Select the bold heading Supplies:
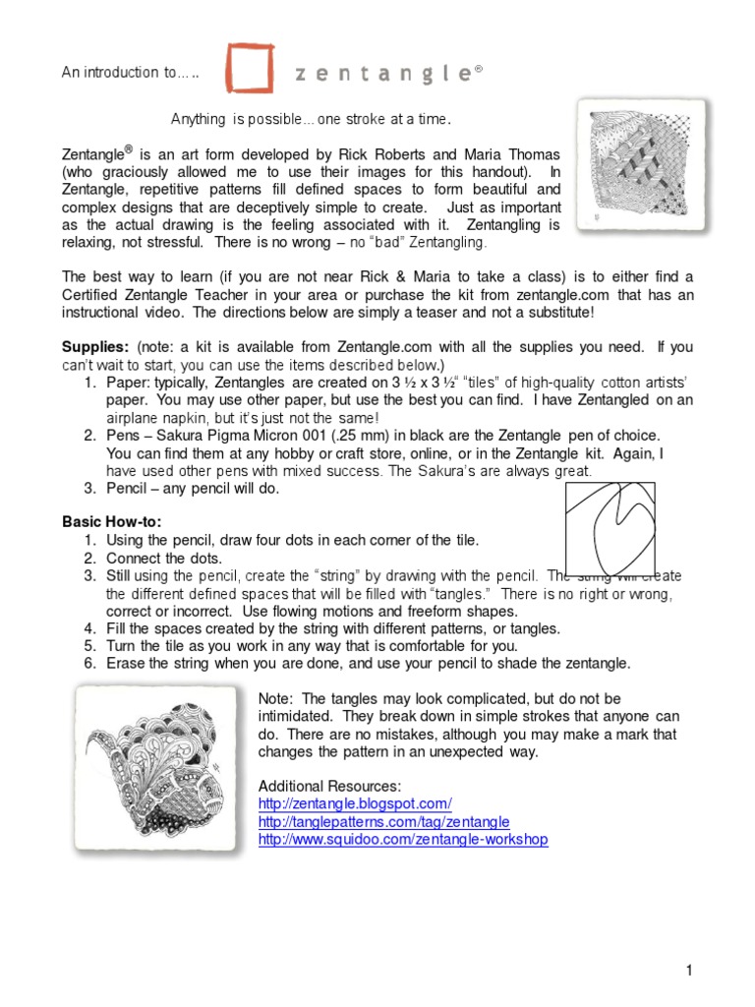[x=95, y=347]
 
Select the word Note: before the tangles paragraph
[x=274, y=697]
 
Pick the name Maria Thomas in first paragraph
[x=512, y=154]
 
